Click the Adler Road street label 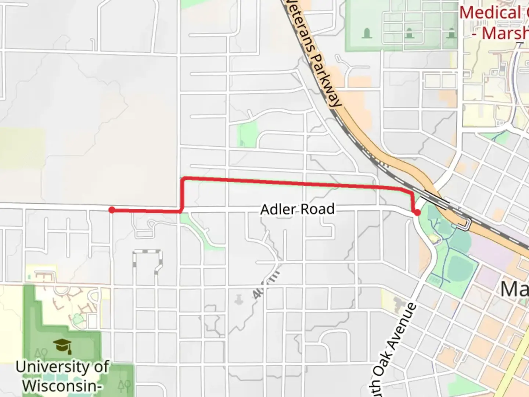(x=297, y=209)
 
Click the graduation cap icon (x=62, y=346)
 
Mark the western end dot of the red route (x=112, y=210)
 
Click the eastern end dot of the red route (x=417, y=212)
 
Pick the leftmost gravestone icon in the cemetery (x=367, y=34)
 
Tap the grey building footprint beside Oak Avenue (x=400, y=303)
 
